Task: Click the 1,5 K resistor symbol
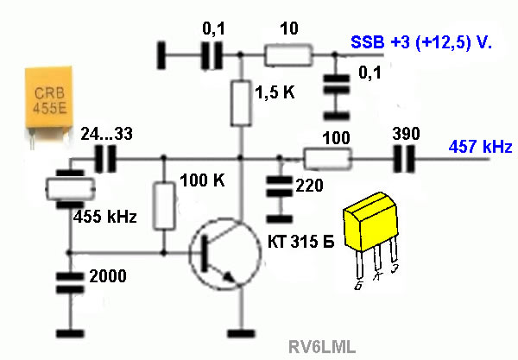[x=241, y=103]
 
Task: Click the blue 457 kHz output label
[x=479, y=147]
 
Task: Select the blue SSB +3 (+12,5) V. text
[x=420, y=42]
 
